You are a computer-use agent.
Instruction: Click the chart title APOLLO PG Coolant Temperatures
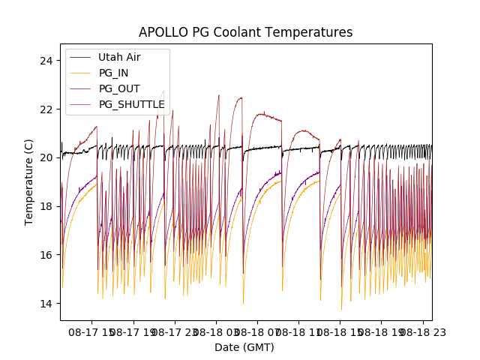[245, 32]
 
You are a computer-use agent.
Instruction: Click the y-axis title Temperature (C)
[29, 181]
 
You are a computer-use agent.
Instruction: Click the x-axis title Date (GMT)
[244, 347]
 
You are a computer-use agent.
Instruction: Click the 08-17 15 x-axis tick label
[93, 330]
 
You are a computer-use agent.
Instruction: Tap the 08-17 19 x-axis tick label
[134, 330]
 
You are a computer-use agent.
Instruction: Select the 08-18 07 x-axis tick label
[258, 330]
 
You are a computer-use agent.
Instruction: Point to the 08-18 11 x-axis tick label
[299, 330]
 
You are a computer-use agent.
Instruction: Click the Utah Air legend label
[119, 57]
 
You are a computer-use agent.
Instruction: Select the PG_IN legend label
[114, 73]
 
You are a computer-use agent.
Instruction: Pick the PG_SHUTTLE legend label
[131, 104]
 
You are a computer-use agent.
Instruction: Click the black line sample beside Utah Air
[81, 57]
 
